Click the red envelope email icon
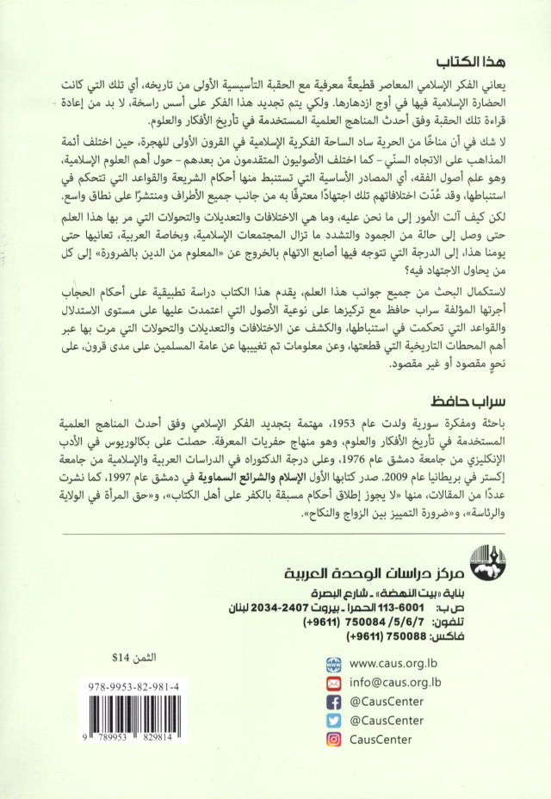(x=334, y=682)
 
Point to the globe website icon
(x=334, y=663)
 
